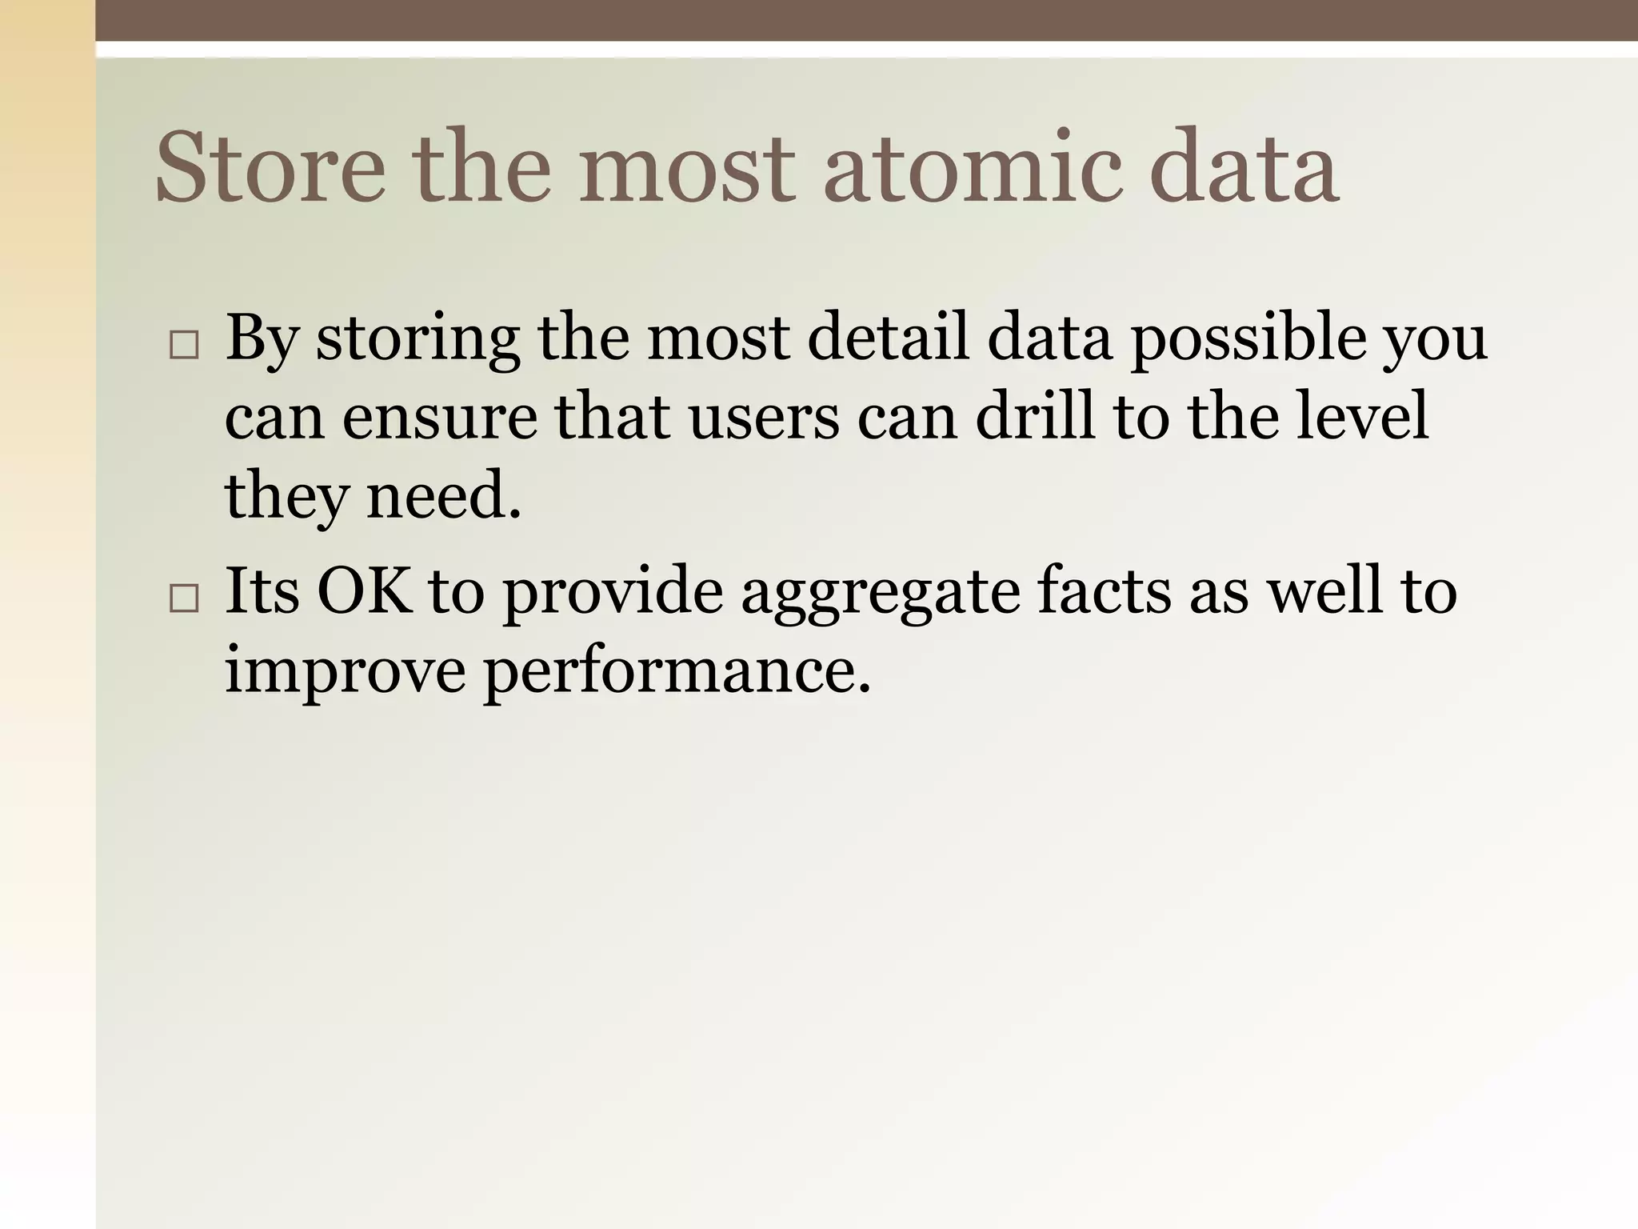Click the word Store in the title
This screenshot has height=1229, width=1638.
pyautogui.click(x=270, y=168)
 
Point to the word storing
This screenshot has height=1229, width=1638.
pyautogui.click(x=417, y=339)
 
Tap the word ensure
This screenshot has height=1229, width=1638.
pyautogui.click(x=440, y=418)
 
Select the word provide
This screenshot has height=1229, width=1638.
pyautogui.click(x=612, y=592)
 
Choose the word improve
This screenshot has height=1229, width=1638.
pyautogui.click(x=345, y=671)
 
